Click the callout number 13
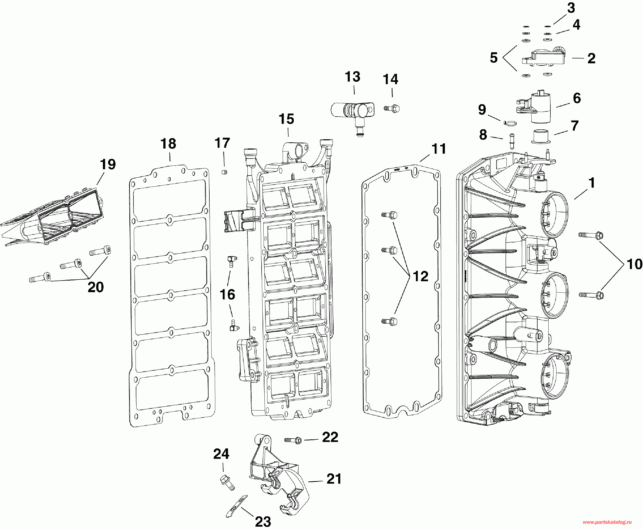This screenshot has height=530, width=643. [x=353, y=77]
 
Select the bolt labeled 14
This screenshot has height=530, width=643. [x=392, y=108]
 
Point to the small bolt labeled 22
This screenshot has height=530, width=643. [x=293, y=440]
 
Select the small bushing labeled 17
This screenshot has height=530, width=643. [x=225, y=172]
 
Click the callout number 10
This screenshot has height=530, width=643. [x=635, y=264]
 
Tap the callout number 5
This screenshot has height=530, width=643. [x=494, y=58]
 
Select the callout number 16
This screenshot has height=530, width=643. [x=228, y=295]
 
